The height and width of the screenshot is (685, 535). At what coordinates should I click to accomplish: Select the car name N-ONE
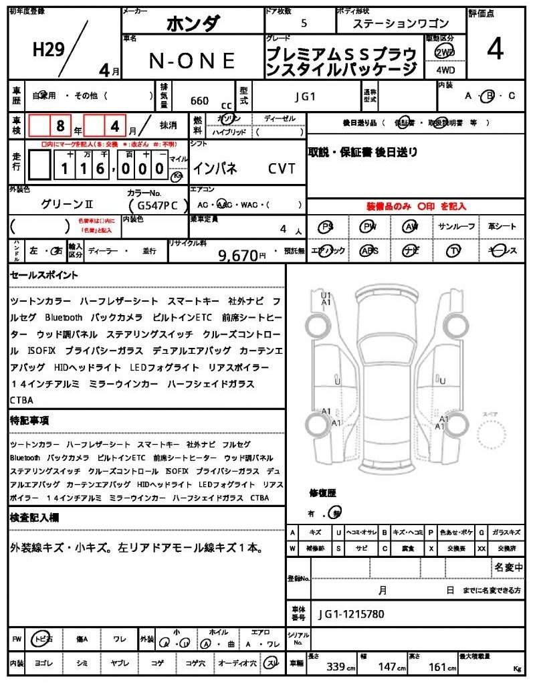tap(191, 61)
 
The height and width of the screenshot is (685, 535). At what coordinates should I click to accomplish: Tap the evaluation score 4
tap(495, 50)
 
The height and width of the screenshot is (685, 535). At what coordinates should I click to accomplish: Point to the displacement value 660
tap(199, 101)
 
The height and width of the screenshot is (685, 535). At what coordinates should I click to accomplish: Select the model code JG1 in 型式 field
tap(305, 96)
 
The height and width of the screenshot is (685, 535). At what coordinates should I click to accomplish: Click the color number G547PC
tap(158, 205)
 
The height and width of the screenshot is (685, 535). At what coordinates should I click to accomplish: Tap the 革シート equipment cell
tap(502, 227)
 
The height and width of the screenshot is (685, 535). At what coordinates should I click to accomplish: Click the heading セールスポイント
tap(44, 275)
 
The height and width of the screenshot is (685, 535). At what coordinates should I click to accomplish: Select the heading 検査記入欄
tap(34, 517)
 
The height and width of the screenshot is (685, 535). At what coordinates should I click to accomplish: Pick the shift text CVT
tap(282, 169)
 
